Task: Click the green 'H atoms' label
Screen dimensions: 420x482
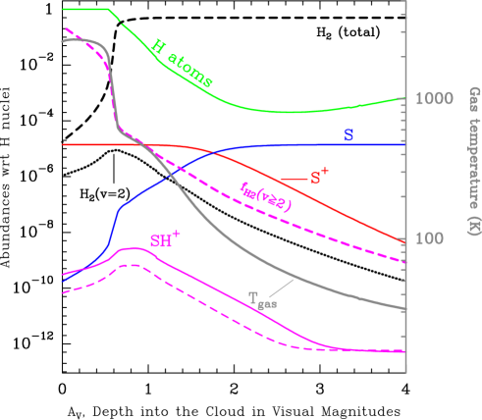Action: click(184, 63)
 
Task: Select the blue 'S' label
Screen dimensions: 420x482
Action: click(348, 133)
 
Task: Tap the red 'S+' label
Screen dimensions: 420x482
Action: click(320, 178)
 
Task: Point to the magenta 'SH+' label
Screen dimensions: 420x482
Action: click(164, 239)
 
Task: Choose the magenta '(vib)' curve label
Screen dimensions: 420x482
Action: click(266, 195)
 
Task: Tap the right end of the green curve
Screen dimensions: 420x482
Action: click(403, 97)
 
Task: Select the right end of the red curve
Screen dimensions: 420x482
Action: click(403, 241)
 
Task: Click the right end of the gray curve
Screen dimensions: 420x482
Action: click(403, 309)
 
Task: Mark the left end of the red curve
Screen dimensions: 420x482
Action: click(61, 144)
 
